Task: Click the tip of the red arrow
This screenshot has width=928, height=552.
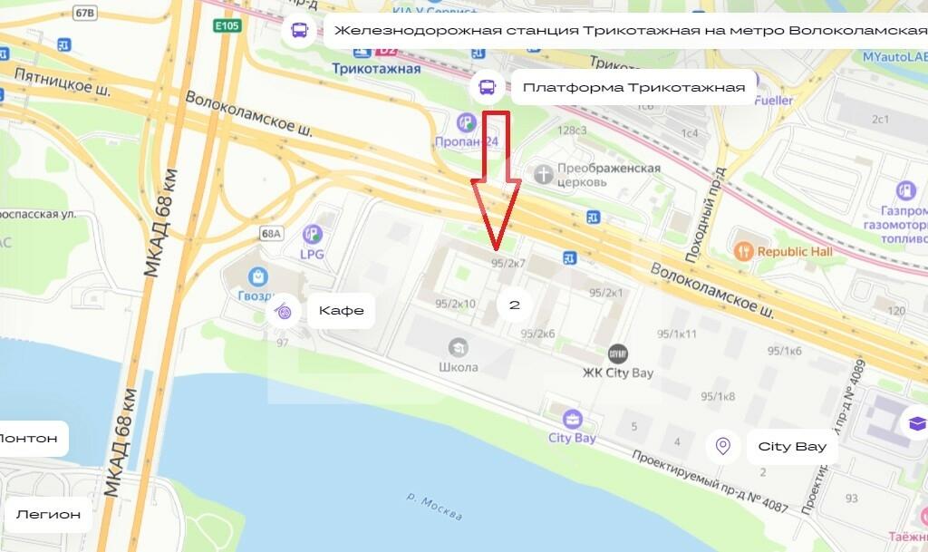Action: (496, 248)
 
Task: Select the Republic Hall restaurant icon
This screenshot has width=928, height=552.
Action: (743, 251)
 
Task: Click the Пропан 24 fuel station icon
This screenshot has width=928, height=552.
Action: (466, 122)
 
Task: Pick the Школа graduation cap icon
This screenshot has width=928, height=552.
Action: (458, 346)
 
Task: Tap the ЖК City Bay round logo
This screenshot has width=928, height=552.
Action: (617, 353)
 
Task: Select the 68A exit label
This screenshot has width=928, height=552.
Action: (271, 233)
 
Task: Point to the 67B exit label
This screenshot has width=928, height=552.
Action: (85, 13)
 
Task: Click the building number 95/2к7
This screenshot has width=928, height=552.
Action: (508, 263)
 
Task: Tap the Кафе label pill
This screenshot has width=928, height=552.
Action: (341, 311)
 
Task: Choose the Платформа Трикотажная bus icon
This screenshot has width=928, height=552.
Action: (488, 88)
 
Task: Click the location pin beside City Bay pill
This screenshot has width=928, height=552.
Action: (722, 446)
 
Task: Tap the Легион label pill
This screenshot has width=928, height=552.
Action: (47, 515)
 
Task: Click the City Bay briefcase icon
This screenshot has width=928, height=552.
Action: (572, 420)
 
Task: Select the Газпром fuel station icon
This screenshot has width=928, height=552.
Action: (905, 191)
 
